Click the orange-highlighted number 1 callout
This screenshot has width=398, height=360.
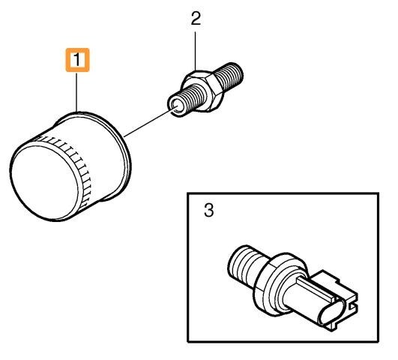pos(77,60)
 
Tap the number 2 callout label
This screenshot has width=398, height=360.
pos(196,19)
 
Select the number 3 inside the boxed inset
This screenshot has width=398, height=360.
pos(208,211)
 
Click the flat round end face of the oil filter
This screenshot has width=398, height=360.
pos(45,182)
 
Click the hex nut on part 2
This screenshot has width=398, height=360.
pos(203,90)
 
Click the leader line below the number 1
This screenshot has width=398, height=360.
pos(77,91)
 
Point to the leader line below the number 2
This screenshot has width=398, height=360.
pos(195,51)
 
